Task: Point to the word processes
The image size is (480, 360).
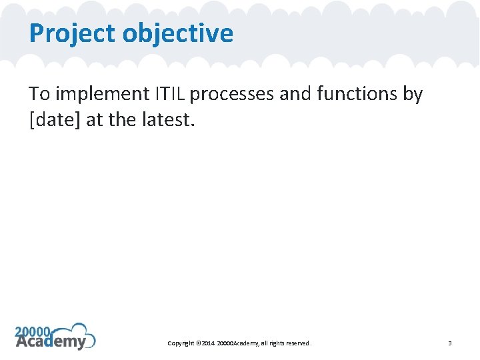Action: pyautogui.click(x=231, y=95)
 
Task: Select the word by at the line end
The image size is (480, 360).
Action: pyautogui.click(x=413, y=95)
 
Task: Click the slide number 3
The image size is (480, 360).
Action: pyautogui.click(x=450, y=343)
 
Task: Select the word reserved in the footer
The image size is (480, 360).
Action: pyautogui.click(x=297, y=343)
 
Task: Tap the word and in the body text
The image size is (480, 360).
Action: pyautogui.click(x=291, y=95)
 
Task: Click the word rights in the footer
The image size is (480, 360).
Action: pyautogui.click(x=275, y=343)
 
